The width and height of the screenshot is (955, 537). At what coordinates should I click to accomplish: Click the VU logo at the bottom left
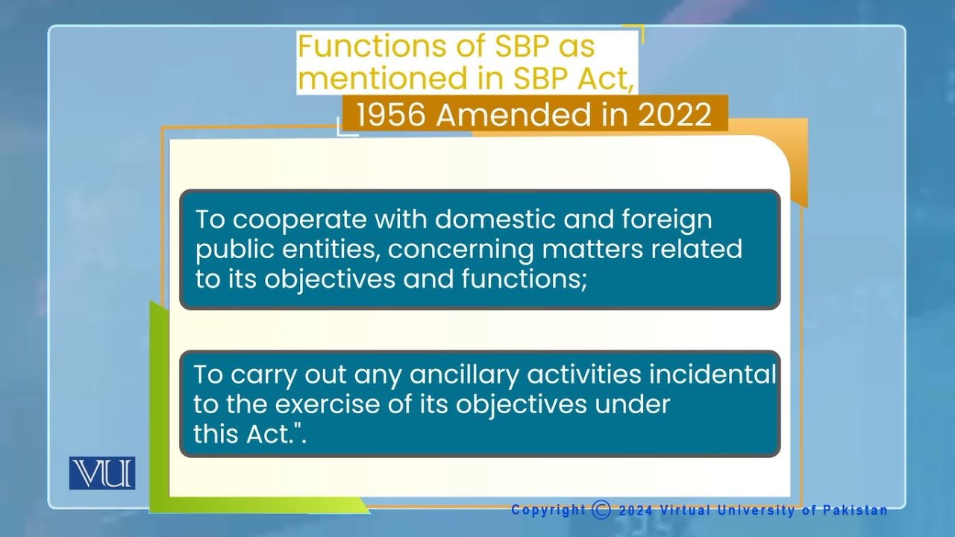click(102, 474)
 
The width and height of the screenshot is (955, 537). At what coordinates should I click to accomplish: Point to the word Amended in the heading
click(530, 116)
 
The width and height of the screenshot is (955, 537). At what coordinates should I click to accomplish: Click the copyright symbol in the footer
click(601, 510)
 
